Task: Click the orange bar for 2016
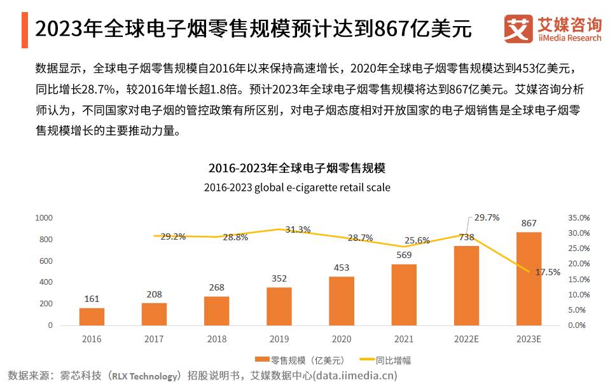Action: click(92, 317)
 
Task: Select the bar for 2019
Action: click(279, 306)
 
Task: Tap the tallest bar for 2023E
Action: click(529, 278)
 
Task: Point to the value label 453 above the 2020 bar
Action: click(341, 268)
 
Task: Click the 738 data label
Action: click(466, 236)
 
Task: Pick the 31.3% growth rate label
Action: click(298, 229)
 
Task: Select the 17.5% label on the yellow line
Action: click(548, 272)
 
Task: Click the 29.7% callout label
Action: click(487, 217)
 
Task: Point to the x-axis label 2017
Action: click(154, 339)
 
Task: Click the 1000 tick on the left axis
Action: click(44, 218)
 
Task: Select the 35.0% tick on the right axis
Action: click(579, 217)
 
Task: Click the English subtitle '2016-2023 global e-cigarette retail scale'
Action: click(297, 188)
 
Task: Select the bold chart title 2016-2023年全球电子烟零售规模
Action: click(297, 168)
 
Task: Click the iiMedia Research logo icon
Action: click(518, 29)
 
